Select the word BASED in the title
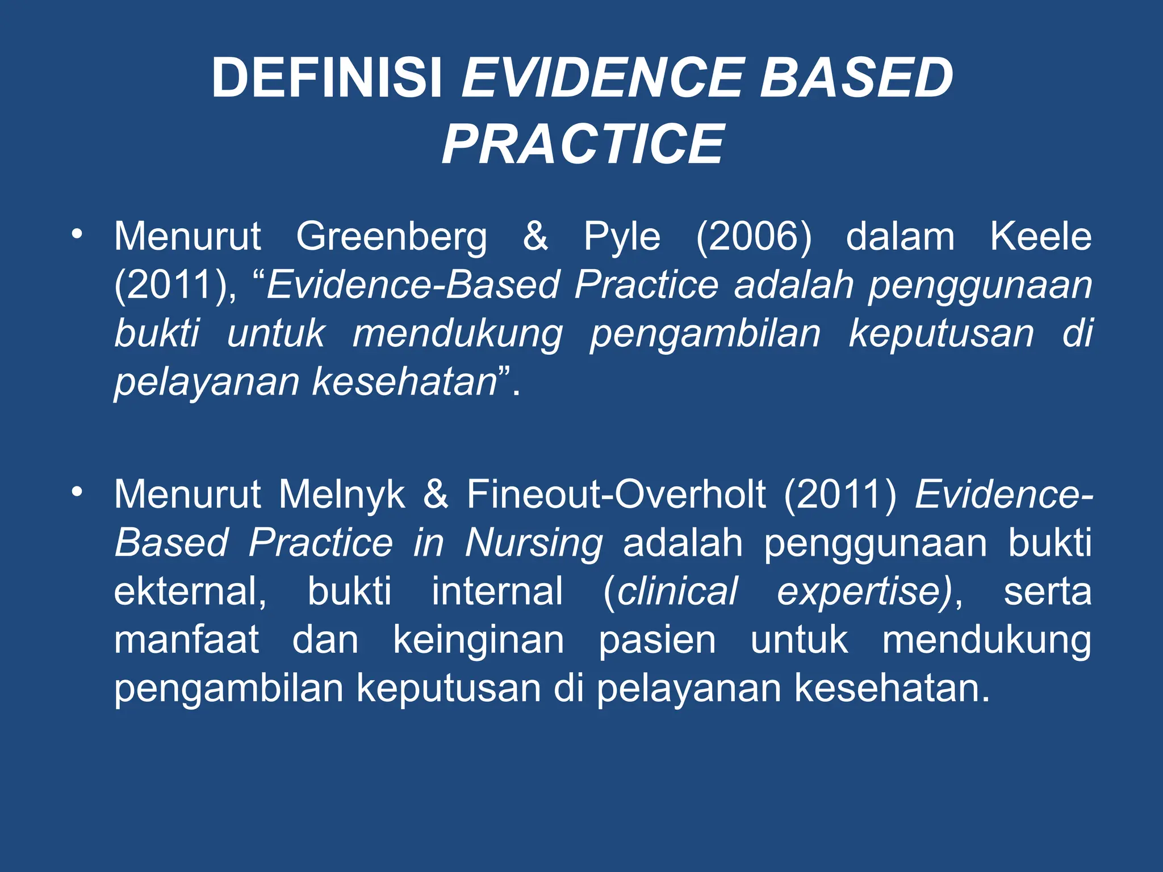coord(856,78)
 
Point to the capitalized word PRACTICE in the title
coord(583,145)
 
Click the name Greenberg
coord(391,237)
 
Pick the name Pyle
coord(622,237)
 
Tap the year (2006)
coord(754,237)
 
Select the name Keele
coord(1040,236)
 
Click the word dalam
coord(900,236)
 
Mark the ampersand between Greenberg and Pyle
coord(536,236)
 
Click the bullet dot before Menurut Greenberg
coord(77,233)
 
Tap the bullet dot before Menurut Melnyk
coord(77,492)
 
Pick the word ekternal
coord(190,592)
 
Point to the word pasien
coord(657,640)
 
